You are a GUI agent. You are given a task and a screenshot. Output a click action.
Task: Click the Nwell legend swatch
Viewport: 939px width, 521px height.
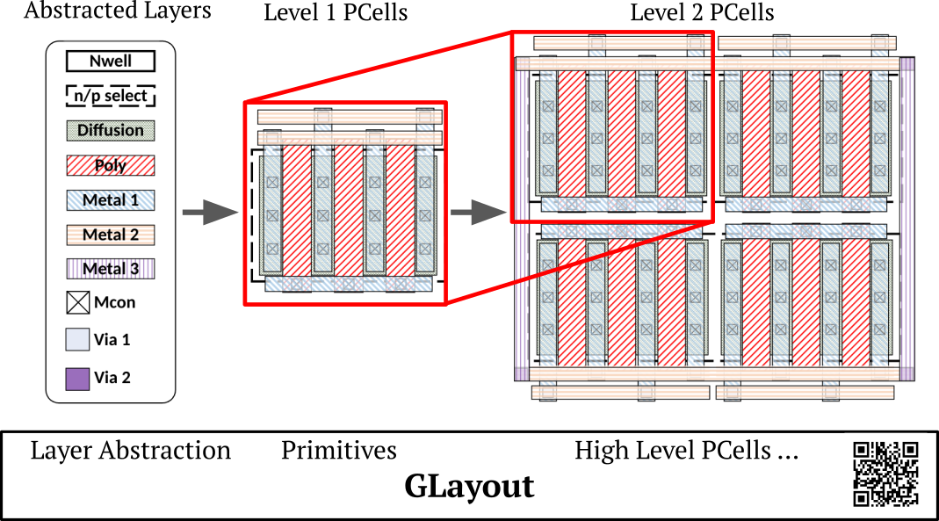click(x=110, y=62)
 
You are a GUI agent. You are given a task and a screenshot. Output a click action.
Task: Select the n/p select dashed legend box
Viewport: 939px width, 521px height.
click(x=110, y=96)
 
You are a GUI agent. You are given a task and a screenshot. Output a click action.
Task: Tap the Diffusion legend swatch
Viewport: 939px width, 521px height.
click(x=110, y=131)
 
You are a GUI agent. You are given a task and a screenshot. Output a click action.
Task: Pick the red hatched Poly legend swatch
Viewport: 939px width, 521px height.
click(x=110, y=165)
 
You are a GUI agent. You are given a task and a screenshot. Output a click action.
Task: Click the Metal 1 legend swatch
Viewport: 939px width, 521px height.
click(x=110, y=200)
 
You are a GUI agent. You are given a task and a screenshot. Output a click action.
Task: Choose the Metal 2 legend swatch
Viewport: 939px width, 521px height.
click(x=110, y=235)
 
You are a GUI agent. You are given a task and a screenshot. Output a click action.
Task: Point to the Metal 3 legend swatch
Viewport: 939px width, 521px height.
click(x=110, y=269)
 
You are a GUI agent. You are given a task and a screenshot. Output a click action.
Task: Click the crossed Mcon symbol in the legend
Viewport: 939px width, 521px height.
click(x=78, y=303)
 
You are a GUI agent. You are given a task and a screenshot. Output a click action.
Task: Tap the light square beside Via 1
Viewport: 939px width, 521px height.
click(x=78, y=339)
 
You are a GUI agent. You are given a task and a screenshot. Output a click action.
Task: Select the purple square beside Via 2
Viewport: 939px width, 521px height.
click(x=78, y=379)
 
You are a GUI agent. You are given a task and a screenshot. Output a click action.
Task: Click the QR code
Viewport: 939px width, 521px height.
click(x=885, y=474)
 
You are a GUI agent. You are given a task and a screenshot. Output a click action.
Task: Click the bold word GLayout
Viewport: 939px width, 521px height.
click(x=469, y=486)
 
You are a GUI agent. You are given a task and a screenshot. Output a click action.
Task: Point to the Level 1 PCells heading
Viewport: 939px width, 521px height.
click(x=336, y=12)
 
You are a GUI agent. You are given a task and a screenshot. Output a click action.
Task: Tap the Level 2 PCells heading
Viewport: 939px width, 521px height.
click(x=702, y=12)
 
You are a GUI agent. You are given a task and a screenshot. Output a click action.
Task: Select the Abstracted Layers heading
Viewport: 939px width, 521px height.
click(x=118, y=11)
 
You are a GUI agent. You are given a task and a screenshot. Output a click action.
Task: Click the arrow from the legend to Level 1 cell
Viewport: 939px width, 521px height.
click(x=210, y=212)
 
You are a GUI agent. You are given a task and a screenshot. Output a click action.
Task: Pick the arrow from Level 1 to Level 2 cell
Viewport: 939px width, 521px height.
click(x=479, y=212)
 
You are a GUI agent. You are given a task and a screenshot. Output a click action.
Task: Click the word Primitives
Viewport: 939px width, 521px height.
click(x=339, y=451)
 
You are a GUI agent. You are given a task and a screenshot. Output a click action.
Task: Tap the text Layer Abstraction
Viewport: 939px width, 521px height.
click(x=131, y=452)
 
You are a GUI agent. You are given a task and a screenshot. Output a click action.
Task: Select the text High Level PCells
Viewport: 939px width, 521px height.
click(x=673, y=452)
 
